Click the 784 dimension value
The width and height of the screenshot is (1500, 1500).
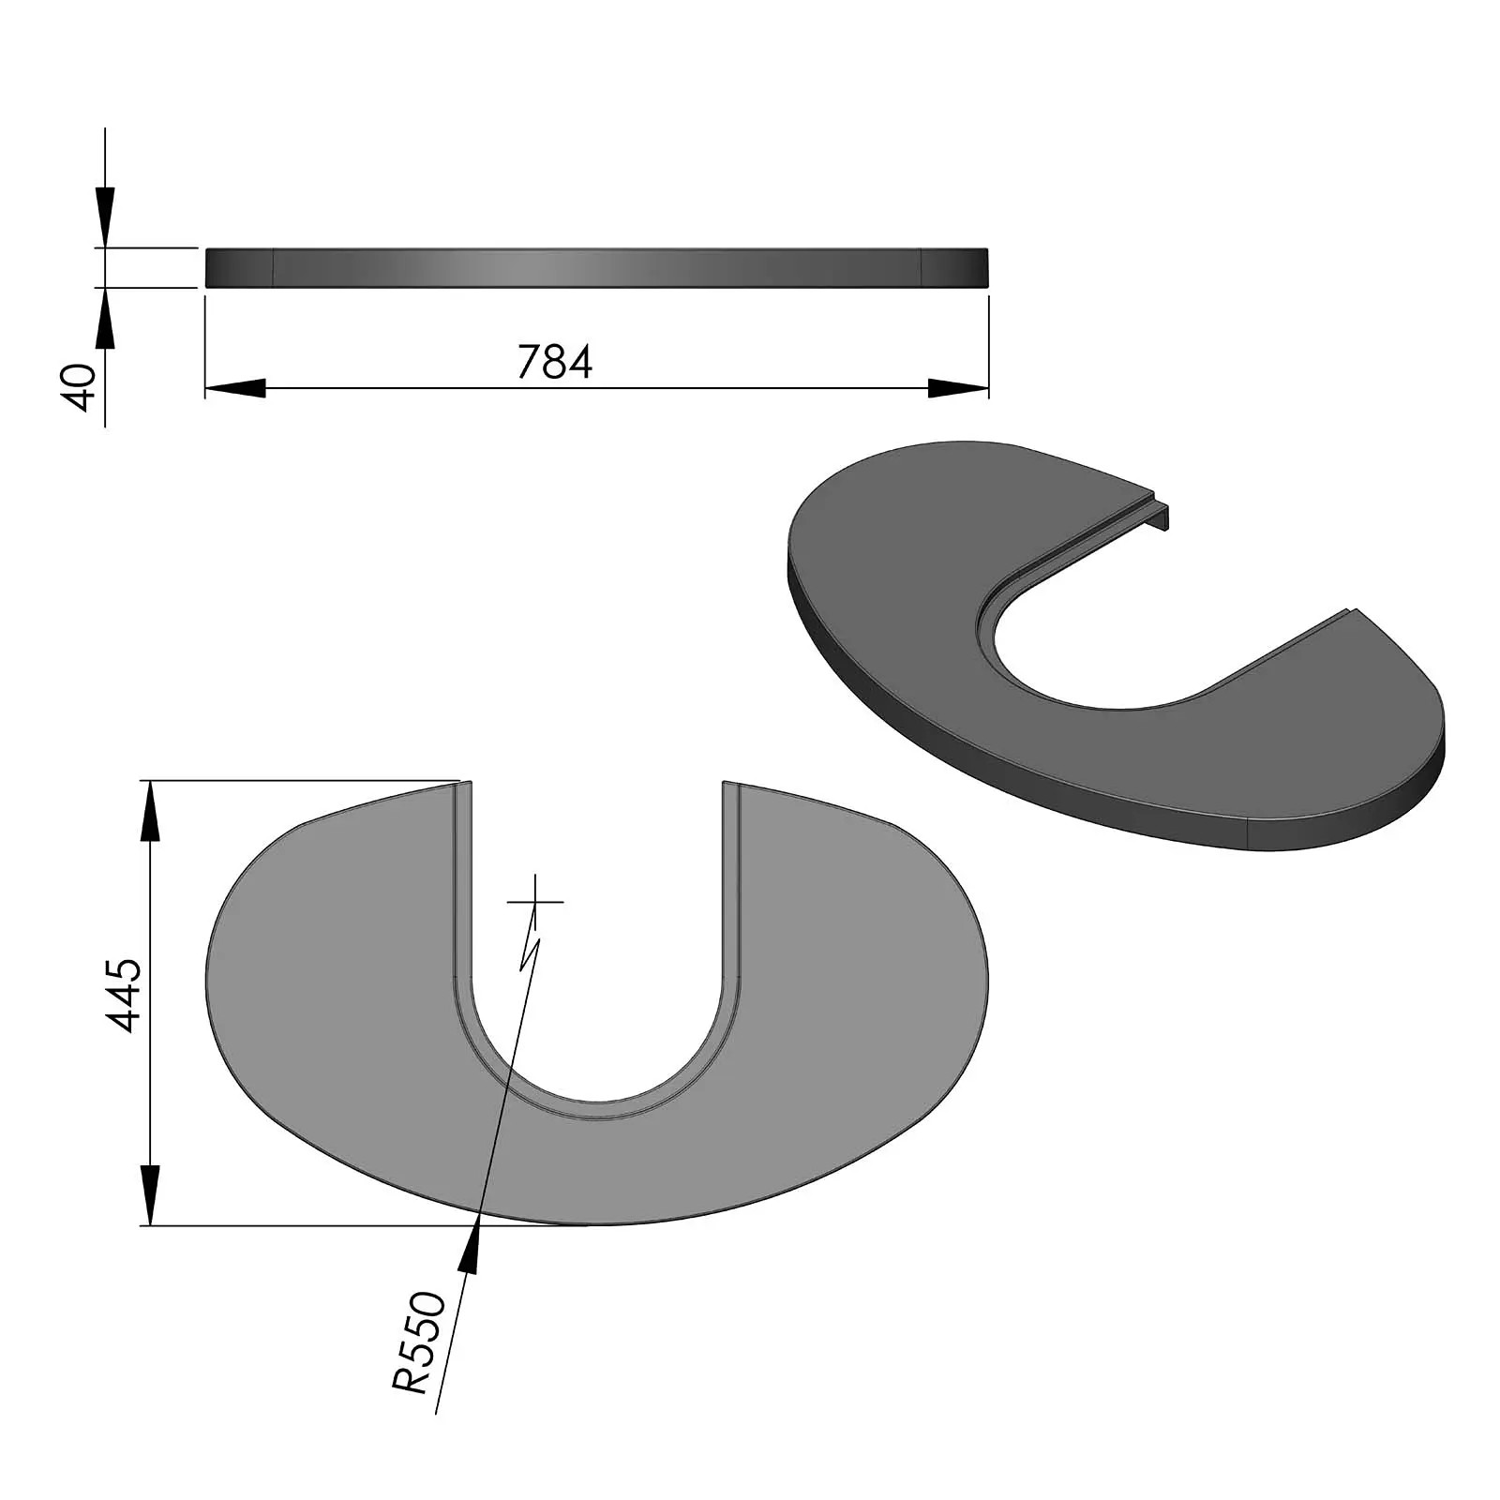tap(555, 363)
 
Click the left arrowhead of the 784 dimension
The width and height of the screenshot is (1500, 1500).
tap(234, 388)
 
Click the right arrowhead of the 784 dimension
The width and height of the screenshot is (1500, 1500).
tap(958, 388)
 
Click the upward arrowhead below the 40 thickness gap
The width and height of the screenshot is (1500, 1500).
tap(105, 319)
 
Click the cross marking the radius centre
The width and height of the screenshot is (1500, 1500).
tap(535, 902)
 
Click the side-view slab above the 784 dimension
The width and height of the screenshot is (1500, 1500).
tap(596, 268)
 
